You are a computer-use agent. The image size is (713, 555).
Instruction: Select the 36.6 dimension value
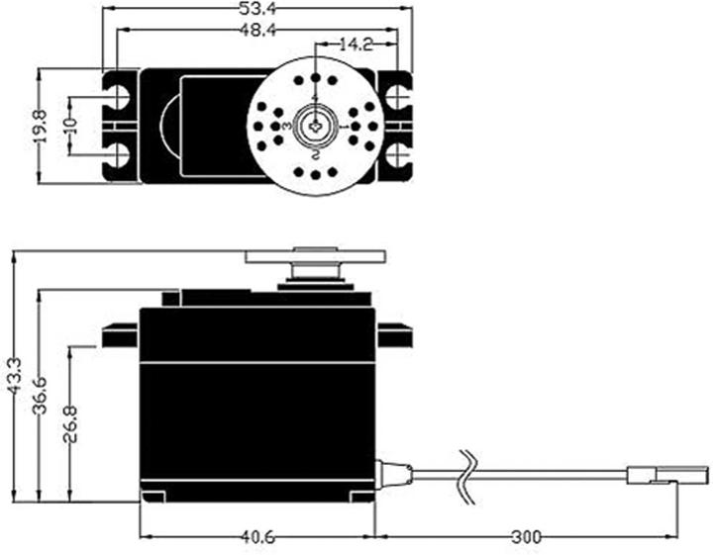[x=41, y=396]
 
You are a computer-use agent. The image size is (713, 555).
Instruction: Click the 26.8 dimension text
[x=70, y=423]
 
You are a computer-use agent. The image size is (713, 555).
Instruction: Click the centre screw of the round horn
[x=314, y=127]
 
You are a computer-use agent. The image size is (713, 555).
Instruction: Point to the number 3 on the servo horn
[x=286, y=128]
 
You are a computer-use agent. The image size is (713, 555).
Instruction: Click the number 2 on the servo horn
[x=314, y=155]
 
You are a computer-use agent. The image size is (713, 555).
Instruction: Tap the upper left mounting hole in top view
[x=120, y=96]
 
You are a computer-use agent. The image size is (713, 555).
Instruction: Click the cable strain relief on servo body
[x=393, y=475]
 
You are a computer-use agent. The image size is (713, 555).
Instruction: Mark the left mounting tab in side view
[x=120, y=336]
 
